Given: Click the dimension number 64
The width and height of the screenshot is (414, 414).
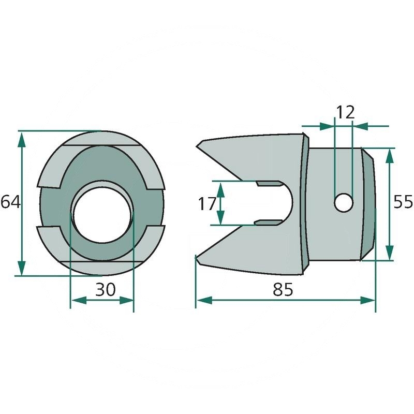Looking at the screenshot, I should click(10, 202).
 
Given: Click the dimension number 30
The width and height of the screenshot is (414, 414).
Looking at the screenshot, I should click(105, 290).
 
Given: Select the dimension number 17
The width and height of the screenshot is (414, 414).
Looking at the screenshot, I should click(207, 203).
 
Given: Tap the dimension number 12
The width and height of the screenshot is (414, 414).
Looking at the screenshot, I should click(345, 111).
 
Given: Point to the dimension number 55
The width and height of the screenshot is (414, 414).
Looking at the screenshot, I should click(403, 202).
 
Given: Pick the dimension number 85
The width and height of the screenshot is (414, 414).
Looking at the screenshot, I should click(283, 290).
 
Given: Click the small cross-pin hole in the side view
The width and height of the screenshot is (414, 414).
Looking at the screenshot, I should click(342, 202).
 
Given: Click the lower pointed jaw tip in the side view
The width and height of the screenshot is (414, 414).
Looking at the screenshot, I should click(196, 256).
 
